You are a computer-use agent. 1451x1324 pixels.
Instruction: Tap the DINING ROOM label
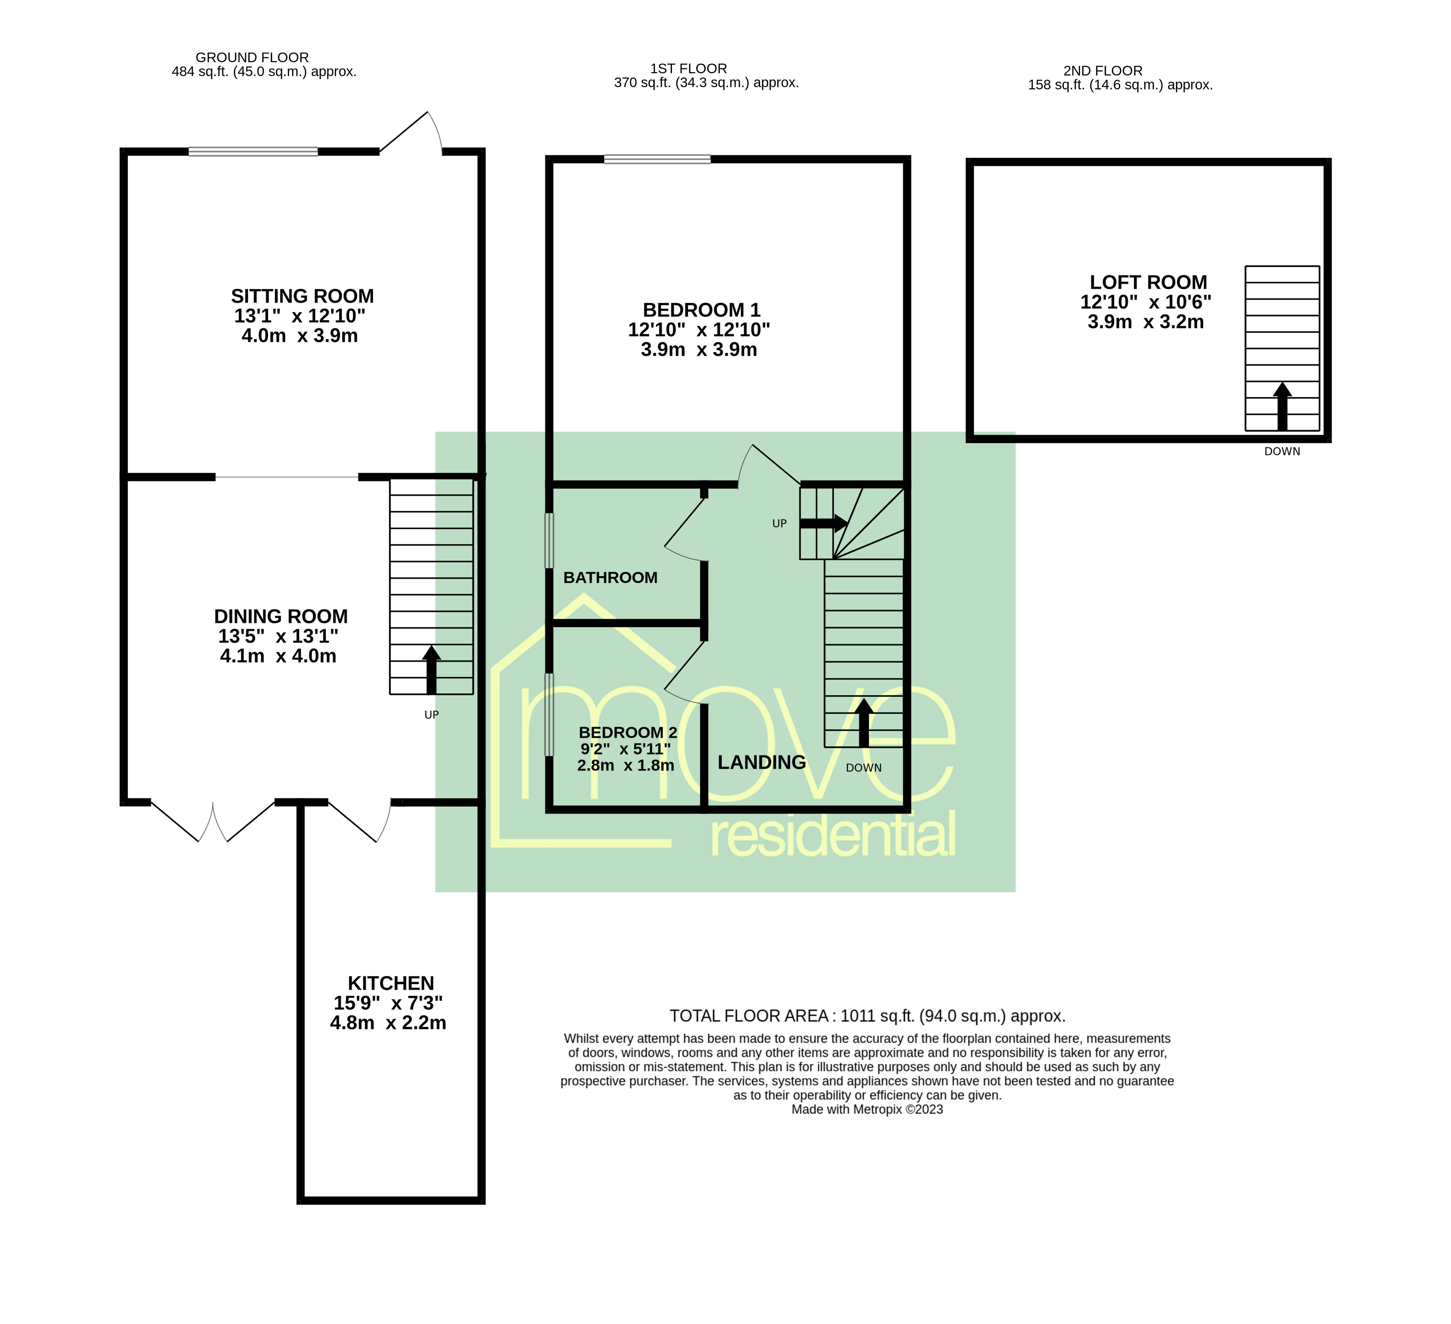coord(281,617)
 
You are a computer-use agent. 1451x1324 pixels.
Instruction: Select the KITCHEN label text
coord(391,983)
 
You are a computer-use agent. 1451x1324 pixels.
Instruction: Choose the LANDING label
coord(761,762)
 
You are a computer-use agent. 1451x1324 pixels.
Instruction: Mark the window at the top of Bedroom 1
coord(657,159)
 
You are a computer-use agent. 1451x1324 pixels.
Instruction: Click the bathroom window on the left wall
coord(549,540)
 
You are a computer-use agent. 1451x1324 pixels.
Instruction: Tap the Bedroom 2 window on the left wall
coord(549,714)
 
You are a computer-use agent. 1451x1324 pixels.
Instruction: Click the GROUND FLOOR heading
coord(252,58)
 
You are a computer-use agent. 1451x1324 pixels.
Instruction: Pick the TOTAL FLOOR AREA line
coord(867,1016)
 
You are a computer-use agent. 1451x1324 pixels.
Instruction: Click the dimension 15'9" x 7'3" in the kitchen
coord(388,1003)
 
